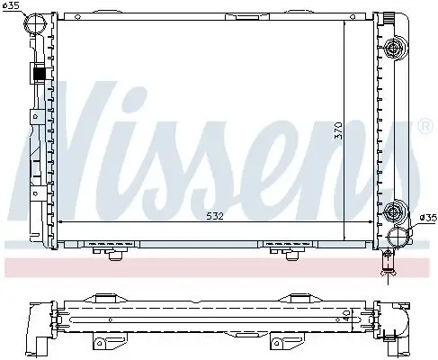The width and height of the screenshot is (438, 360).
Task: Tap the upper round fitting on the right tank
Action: tap(392, 48)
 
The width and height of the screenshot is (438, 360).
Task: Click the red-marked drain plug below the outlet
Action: tap(388, 264)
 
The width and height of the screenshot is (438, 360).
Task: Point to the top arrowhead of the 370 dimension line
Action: tap(345, 22)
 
